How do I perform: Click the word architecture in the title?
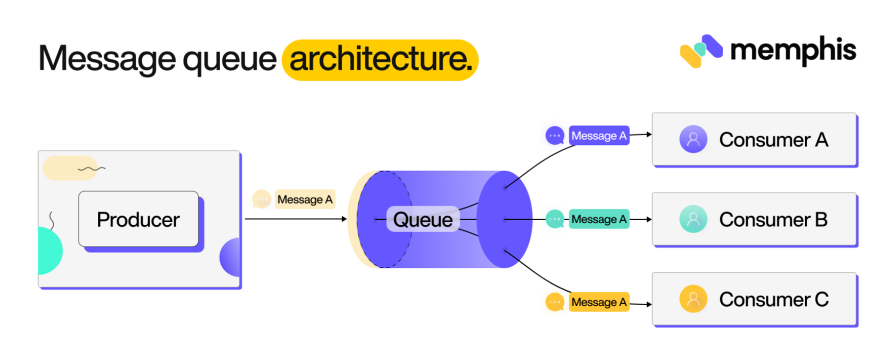[x=380, y=59]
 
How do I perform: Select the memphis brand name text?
[x=793, y=50]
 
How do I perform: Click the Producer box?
[x=138, y=220]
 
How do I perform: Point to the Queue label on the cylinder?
[x=423, y=220]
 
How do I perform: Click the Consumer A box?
[x=754, y=139]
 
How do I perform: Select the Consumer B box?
[x=754, y=219]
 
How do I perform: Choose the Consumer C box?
[x=754, y=300]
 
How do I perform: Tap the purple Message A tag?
[x=599, y=136]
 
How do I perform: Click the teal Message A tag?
[x=599, y=219]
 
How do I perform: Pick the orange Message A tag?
[x=599, y=302]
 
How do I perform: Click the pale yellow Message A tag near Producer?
[x=305, y=199]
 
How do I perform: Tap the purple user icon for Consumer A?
[x=693, y=139]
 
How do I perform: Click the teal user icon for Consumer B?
[x=693, y=219]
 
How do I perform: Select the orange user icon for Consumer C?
[x=693, y=299]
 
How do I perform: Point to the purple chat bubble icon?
[x=555, y=136]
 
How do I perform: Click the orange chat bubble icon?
[x=555, y=302]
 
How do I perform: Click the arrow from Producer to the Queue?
[x=295, y=219]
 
